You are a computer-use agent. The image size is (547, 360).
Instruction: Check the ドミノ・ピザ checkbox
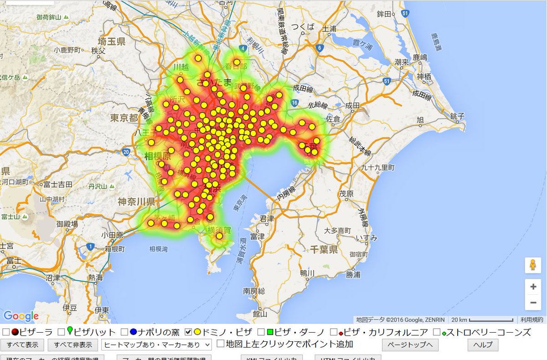(189, 332)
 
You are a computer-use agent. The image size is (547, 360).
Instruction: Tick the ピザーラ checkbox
(6, 332)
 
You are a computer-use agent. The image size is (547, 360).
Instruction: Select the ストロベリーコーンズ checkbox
(437, 332)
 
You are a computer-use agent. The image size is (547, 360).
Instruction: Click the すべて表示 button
(22, 345)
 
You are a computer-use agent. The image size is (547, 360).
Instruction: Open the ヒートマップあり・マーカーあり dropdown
(157, 345)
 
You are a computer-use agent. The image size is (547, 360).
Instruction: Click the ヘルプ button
(483, 345)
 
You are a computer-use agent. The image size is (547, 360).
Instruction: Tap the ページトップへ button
(410, 345)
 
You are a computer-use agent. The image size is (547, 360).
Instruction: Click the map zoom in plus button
(533, 287)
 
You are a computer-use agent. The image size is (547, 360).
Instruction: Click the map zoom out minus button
(533, 302)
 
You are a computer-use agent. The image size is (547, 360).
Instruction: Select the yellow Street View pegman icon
(533, 265)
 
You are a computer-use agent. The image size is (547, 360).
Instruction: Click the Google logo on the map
(21, 316)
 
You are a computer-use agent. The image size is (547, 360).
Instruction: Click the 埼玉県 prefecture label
(108, 42)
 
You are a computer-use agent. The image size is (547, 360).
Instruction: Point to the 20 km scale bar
(491, 319)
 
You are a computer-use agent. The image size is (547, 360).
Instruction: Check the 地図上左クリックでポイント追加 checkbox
(221, 344)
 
